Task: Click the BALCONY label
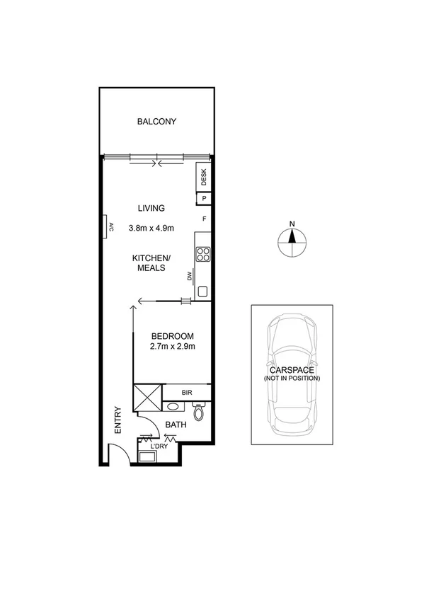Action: pyautogui.click(x=156, y=122)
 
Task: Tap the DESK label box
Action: pyautogui.click(x=203, y=178)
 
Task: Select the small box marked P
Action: pyautogui.click(x=203, y=199)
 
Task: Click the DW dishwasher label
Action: pyautogui.click(x=190, y=276)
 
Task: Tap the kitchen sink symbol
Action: pyautogui.click(x=203, y=290)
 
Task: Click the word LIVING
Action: pyautogui.click(x=151, y=208)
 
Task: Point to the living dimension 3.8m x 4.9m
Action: pyautogui.click(x=151, y=228)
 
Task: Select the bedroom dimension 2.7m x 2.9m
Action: pyautogui.click(x=172, y=347)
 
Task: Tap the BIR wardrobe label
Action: pyautogui.click(x=187, y=391)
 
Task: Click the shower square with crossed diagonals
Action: pyautogui.click(x=148, y=398)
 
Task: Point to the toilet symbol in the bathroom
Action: pyautogui.click(x=200, y=411)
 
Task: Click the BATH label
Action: pyautogui.click(x=176, y=425)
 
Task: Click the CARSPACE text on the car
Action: pyautogui.click(x=291, y=370)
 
